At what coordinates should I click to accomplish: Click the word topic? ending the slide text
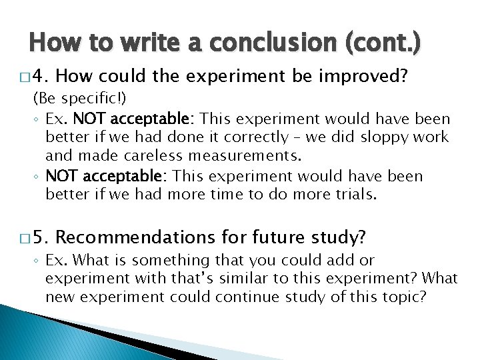click(403, 295)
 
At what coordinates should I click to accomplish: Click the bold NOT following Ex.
click(87, 119)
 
